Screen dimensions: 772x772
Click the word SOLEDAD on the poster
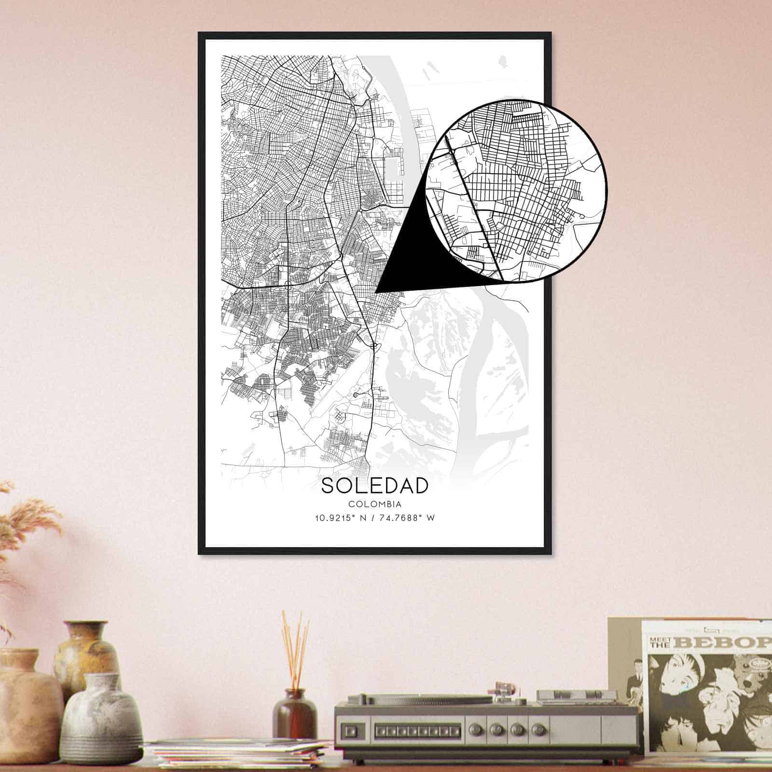[374, 486]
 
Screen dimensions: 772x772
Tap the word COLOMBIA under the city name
[374, 504]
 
